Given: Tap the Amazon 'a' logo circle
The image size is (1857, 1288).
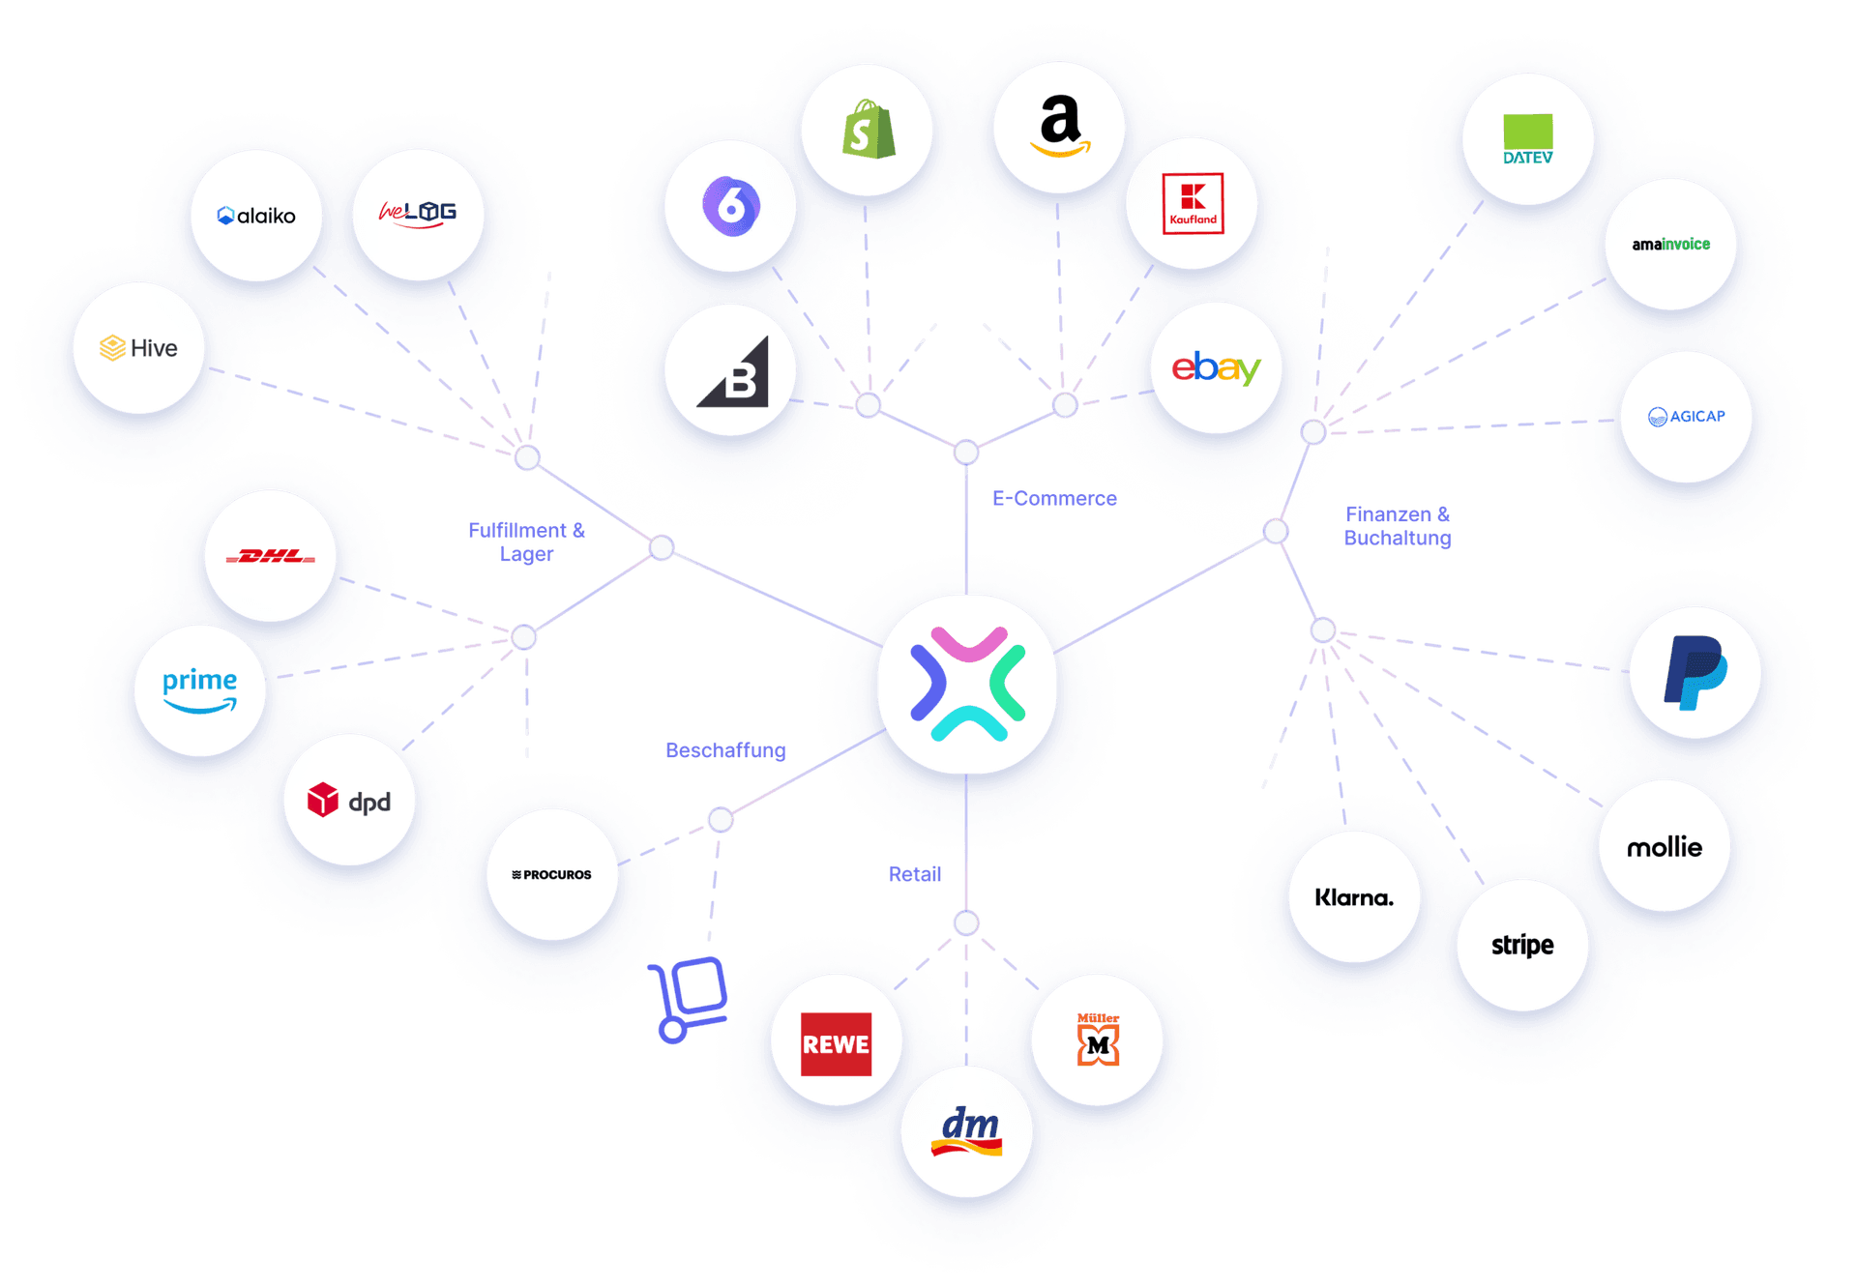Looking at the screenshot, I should tap(1060, 127).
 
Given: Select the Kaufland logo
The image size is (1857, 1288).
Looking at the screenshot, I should tap(1193, 204).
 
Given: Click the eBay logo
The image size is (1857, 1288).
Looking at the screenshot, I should tap(1216, 367).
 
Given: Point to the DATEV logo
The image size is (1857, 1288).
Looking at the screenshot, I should tap(1527, 139).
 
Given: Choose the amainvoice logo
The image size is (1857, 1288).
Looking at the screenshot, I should tap(1670, 245).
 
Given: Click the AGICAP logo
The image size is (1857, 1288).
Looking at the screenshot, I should tap(1686, 417).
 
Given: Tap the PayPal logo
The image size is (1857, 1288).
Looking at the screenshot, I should tap(1695, 673).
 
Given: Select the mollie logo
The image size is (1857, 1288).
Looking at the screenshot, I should tap(1664, 847).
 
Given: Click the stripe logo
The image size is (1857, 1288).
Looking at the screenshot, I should tap(1522, 945).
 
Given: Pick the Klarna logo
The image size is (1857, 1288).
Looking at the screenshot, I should tap(1354, 897).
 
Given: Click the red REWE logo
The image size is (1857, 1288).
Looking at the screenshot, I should tap(836, 1044).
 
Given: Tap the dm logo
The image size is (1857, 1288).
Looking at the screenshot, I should tap(967, 1131).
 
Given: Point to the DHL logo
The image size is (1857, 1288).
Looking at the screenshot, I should tap(270, 556).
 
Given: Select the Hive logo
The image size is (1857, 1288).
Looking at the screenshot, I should tap(139, 348).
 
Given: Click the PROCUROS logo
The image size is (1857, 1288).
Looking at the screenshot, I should tap(552, 874).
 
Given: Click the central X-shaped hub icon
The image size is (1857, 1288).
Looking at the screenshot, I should tap(967, 685).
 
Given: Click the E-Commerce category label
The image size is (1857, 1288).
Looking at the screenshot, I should tap(1054, 499).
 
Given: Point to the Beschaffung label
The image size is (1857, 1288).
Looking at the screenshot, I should tap(726, 750).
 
